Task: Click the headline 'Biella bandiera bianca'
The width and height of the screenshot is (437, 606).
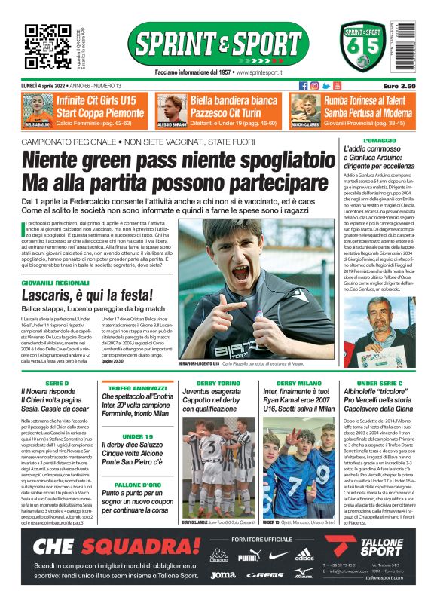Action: coord(234,100)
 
